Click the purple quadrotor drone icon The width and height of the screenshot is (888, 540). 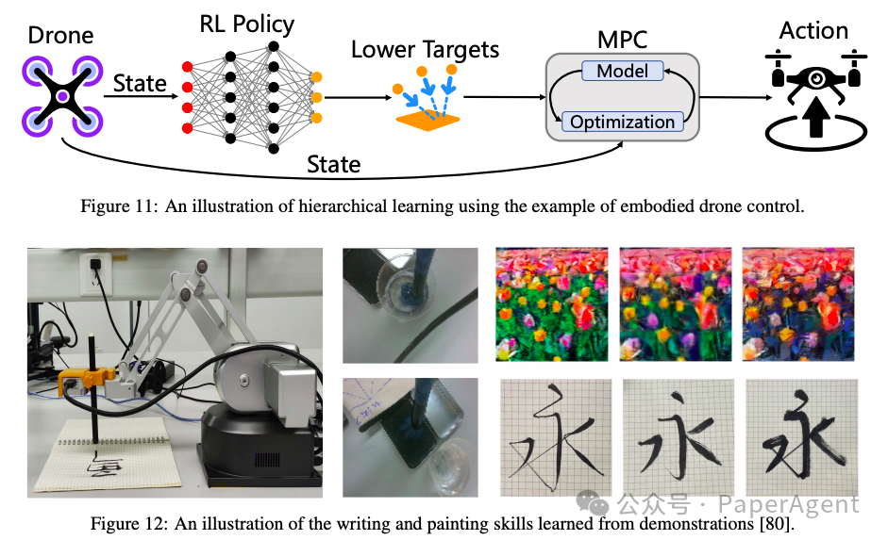click(61, 96)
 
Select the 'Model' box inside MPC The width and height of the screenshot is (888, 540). click(622, 71)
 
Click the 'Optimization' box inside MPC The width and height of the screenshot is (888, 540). click(622, 122)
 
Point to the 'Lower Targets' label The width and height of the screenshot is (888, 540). click(425, 49)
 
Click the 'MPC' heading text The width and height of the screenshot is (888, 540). click(623, 40)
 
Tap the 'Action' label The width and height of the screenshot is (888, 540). click(813, 30)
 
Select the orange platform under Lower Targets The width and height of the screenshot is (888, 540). click(427, 120)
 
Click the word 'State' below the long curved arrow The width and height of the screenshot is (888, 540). click(333, 165)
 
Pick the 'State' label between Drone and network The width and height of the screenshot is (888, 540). click(140, 84)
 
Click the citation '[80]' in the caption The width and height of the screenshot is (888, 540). click(780, 523)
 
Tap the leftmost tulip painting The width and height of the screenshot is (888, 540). click(553, 303)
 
